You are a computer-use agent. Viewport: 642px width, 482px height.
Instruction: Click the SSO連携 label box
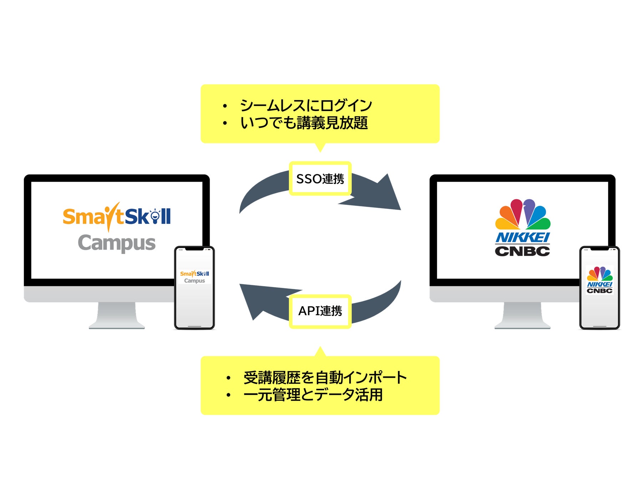coord(320,179)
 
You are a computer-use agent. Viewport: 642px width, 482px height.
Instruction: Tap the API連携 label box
coord(320,311)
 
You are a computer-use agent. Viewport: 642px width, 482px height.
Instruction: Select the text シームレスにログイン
coord(306,105)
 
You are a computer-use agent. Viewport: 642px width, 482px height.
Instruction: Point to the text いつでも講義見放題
coord(304,123)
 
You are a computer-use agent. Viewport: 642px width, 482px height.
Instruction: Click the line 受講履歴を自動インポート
coord(325,378)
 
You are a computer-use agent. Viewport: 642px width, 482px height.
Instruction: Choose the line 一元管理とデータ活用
coord(313,395)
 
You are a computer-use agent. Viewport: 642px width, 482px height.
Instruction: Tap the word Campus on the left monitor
coord(117,243)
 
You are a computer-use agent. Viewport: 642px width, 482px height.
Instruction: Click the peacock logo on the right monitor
coord(523,214)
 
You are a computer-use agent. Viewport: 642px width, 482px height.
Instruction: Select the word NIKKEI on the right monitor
coord(523,237)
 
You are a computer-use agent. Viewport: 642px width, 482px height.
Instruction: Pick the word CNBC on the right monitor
coord(523,251)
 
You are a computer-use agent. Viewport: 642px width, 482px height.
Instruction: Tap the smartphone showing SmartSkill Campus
coord(194,287)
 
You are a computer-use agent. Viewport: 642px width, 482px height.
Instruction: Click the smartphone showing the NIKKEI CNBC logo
coord(600,287)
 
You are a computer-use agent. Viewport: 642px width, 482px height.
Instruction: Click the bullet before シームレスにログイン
coord(225,106)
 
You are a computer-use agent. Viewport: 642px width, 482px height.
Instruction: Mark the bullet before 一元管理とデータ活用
coord(228,395)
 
